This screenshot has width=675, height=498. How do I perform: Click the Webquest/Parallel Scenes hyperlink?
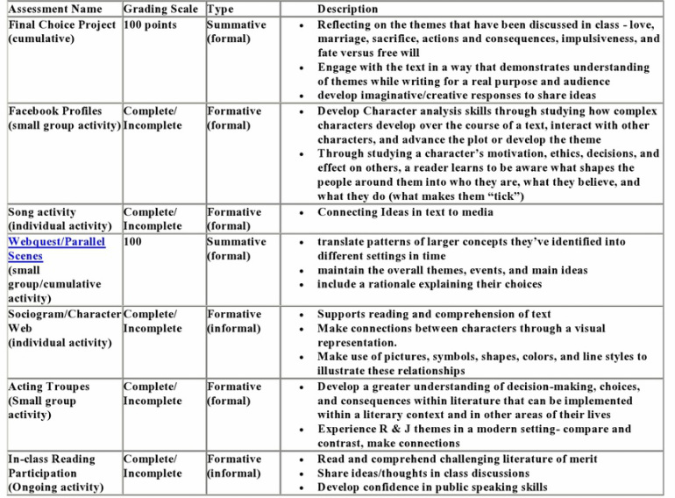pyautogui.click(x=56, y=249)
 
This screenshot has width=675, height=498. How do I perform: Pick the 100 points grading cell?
pyautogui.click(x=150, y=25)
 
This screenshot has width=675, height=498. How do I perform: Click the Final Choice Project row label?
pyautogui.click(x=61, y=32)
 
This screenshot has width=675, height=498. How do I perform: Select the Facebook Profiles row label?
pyautogui.click(x=63, y=118)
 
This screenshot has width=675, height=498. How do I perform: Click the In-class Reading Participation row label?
pyautogui.click(x=54, y=473)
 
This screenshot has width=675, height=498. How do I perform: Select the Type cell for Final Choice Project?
pyautogui.click(x=236, y=32)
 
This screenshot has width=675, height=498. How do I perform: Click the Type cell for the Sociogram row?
pyautogui.click(x=234, y=321)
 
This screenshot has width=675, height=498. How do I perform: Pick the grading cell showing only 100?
pyautogui.click(x=133, y=241)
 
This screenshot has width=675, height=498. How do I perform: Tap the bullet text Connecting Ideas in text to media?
pyautogui.click(x=417, y=212)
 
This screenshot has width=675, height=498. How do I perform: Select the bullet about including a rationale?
pyautogui.click(x=429, y=284)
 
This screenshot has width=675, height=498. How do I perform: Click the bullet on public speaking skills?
pyautogui.click(x=432, y=487)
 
